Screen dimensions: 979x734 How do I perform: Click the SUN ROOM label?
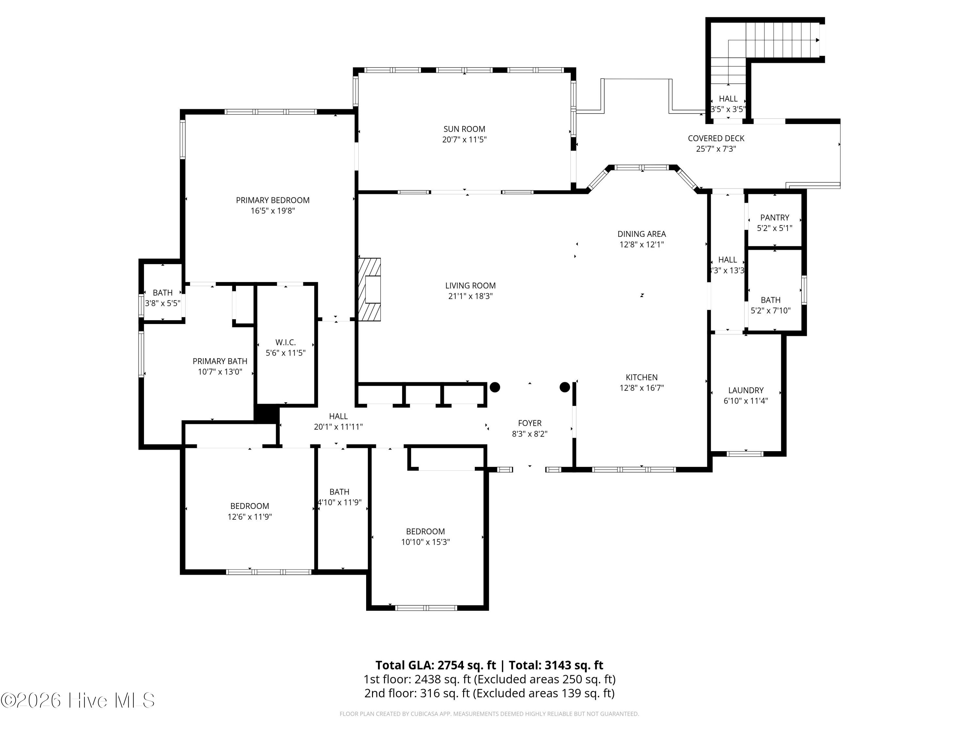tap(464, 129)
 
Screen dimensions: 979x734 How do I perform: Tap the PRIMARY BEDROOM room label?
tap(272, 200)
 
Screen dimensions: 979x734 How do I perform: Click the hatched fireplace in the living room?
tap(369, 289)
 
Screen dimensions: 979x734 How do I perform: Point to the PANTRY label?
tap(774, 218)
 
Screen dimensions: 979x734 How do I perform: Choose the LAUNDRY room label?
tap(746, 390)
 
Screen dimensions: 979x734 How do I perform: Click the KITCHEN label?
tap(642, 377)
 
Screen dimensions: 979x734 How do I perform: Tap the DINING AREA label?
tap(642, 234)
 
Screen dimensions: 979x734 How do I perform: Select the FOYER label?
tap(530, 423)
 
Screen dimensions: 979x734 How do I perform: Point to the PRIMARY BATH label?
tap(220, 361)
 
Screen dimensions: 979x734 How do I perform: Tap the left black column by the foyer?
tap(495, 387)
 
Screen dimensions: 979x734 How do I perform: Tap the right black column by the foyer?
tap(565, 387)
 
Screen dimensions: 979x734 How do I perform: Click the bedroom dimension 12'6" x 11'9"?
tap(250, 517)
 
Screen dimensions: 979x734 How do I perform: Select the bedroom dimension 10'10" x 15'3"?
tap(425, 542)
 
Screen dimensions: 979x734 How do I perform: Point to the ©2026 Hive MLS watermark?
tap(78, 700)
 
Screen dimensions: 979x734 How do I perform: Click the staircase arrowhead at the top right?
tap(818, 40)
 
